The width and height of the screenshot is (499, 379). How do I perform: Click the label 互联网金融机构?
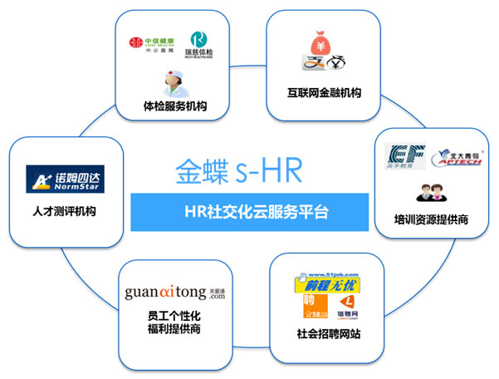[x=320, y=92]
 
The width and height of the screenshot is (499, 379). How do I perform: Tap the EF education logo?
[x=405, y=157]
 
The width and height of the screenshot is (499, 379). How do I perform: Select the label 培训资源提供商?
[x=432, y=220]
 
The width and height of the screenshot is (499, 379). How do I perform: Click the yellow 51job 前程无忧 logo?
[x=325, y=285]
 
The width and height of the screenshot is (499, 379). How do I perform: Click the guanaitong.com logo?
[x=174, y=292]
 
